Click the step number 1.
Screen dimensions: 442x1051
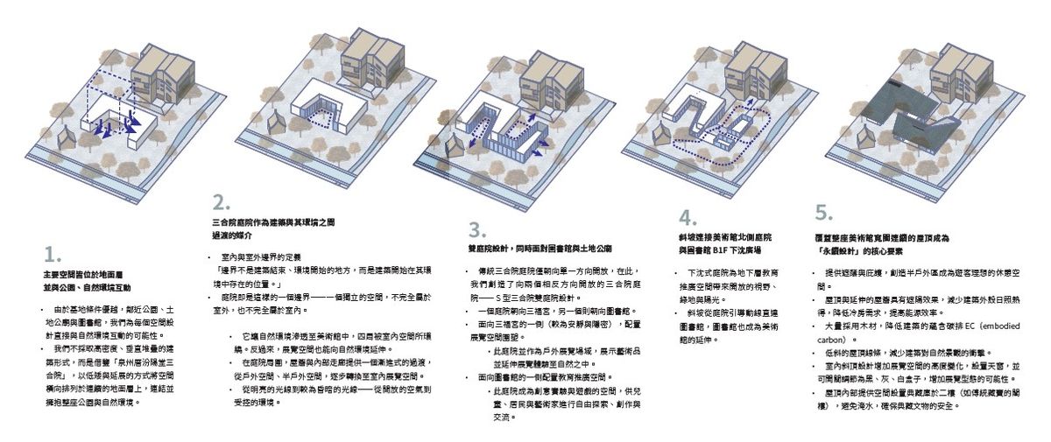52,256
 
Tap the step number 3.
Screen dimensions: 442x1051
476,231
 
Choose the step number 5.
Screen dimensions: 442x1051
823,213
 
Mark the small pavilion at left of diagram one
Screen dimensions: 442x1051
67,138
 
